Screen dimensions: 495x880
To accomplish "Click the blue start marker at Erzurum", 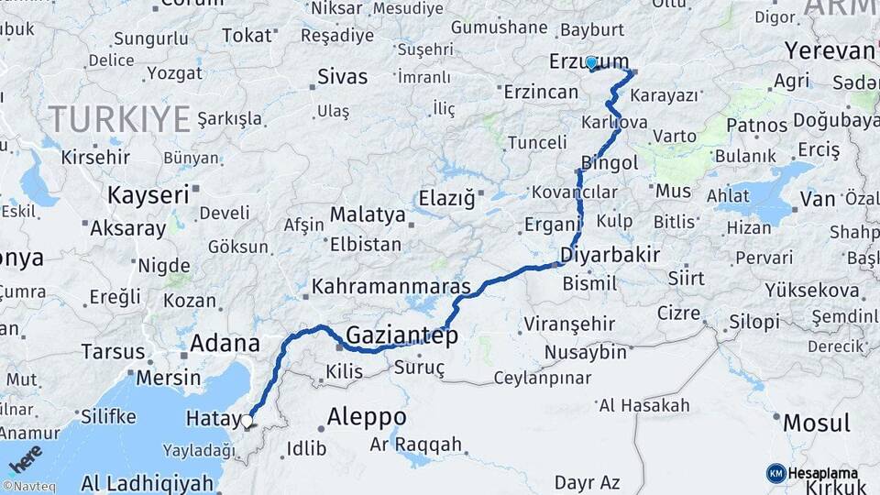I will click(591, 63).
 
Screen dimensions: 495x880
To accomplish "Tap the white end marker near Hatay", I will click(247, 422).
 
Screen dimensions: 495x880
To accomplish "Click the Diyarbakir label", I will click(610, 255).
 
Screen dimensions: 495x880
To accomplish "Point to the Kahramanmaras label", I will click(391, 286).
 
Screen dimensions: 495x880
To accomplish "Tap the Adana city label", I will click(225, 345).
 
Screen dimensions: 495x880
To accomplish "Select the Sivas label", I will click(342, 76).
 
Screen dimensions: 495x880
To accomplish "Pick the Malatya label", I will click(367, 214).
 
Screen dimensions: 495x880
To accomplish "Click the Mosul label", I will click(816, 423).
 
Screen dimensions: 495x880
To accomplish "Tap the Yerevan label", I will click(830, 50).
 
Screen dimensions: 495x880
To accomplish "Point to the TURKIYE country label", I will click(119, 118).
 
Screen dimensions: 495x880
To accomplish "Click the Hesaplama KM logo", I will click(812, 473).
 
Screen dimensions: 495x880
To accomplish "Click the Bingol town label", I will click(609, 163).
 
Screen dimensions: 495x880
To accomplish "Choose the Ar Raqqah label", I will click(416, 445).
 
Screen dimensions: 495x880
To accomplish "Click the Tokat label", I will click(247, 36).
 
